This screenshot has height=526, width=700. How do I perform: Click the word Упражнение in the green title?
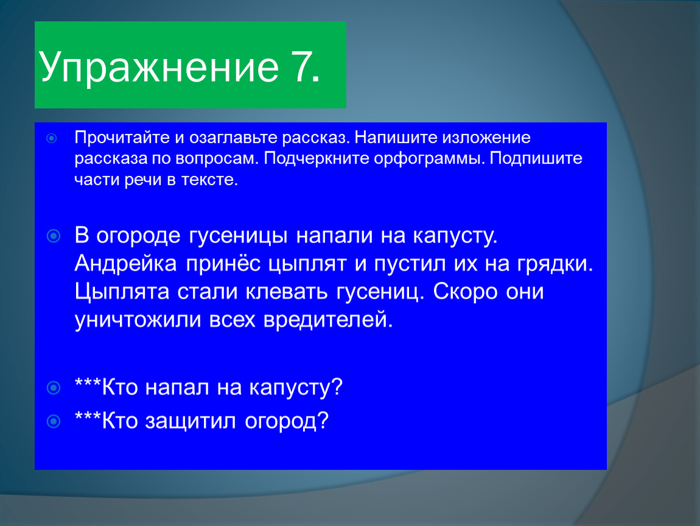tap(158, 68)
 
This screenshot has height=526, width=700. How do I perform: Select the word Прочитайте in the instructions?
tap(122, 138)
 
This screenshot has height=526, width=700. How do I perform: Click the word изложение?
tap(486, 138)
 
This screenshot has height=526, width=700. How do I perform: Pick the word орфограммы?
tap(429, 159)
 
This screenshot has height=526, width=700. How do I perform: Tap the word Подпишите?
tap(536, 158)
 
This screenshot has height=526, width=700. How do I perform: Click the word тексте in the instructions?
tap(209, 180)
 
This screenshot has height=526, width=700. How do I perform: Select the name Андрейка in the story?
tap(126, 264)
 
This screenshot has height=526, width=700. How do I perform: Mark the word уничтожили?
tap(138, 320)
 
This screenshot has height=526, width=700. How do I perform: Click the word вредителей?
tap(328, 320)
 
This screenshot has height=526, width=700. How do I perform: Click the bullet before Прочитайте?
tap(52, 138)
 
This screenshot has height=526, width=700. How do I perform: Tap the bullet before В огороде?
tap(54, 236)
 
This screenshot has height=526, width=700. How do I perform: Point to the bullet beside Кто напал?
tap(54, 388)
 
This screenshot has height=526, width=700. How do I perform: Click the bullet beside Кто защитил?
tap(54, 421)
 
